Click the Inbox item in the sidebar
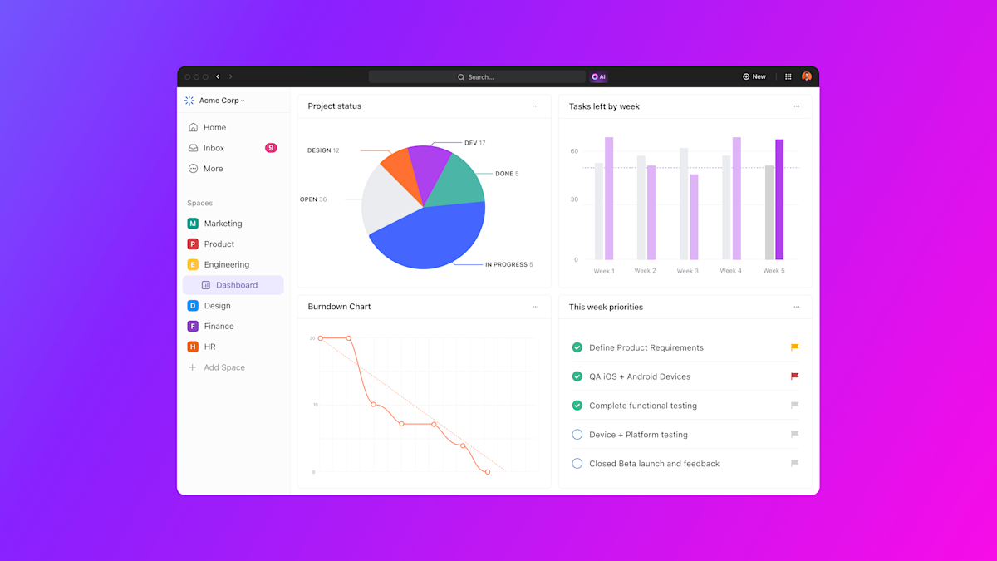214,148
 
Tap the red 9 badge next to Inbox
271,148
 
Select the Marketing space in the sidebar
223,224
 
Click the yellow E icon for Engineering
193,264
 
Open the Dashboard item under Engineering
236,285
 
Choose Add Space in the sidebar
223,367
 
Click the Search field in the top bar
477,77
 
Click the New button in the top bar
754,76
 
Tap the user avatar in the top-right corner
806,76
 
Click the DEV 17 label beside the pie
474,143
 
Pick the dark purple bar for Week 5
779,199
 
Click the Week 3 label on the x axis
687,271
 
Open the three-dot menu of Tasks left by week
796,106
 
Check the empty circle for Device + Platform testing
577,435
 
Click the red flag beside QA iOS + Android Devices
794,376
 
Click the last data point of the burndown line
488,472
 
